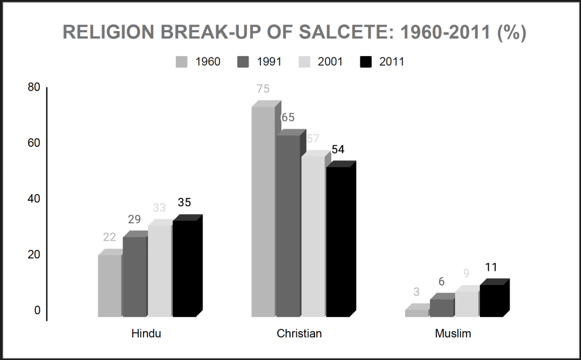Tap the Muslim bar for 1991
click(441, 307)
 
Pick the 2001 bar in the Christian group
click(312, 236)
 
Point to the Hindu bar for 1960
click(110, 286)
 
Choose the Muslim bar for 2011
click(491, 300)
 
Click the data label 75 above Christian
click(263, 89)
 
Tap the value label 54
click(338, 150)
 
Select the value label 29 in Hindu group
click(134, 219)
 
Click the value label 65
click(288, 117)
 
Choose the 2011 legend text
click(391, 62)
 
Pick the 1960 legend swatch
click(182, 62)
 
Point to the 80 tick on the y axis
click(34, 87)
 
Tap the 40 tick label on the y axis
click(34, 199)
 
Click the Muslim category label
click(453, 333)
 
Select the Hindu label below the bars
click(146, 333)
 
